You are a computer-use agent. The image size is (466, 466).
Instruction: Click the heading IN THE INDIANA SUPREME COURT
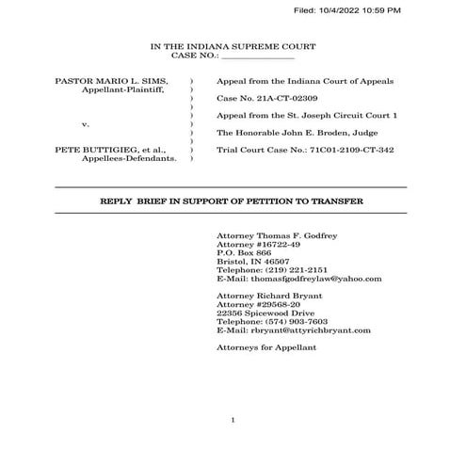(x=233, y=46)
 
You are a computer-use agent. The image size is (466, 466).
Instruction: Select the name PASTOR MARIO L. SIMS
(x=112, y=82)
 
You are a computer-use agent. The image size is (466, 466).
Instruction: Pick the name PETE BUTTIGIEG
(x=88, y=150)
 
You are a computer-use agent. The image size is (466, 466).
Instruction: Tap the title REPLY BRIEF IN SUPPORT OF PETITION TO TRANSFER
(x=232, y=201)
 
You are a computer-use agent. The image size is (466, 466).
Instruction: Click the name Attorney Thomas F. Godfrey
(x=276, y=233)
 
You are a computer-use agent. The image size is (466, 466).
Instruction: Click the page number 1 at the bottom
(x=232, y=419)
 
